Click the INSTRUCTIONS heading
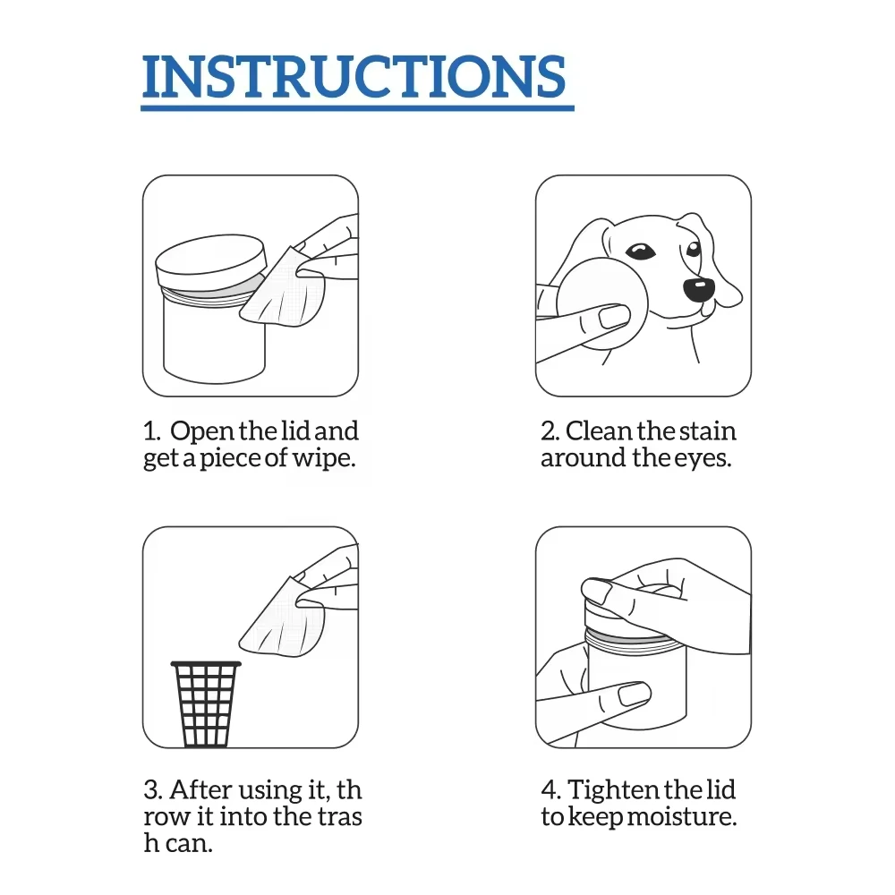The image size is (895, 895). tap(355, 77)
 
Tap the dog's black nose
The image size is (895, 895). tap(698, 288)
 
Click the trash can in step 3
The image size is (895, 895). tap(206, 703)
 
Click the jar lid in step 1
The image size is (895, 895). tap(211, 260)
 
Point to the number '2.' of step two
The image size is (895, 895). tap(550, 431)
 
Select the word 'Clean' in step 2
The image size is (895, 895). tap(599, 431)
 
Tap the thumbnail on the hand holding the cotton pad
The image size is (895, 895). tap(614, 316)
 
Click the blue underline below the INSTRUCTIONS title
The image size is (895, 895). tap(357, 107)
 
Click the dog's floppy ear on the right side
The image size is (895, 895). tap(720, 260)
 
